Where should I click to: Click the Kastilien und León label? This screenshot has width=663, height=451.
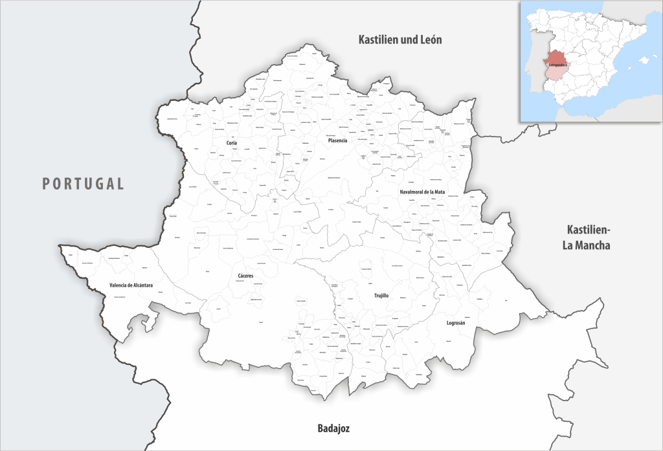point(400,40)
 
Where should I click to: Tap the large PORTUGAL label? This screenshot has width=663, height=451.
point(84,184)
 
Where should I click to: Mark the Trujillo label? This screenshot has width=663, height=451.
point(381,295)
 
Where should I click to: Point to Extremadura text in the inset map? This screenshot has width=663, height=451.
point(556,65)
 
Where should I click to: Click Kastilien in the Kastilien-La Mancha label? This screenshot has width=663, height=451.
point(588,230)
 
